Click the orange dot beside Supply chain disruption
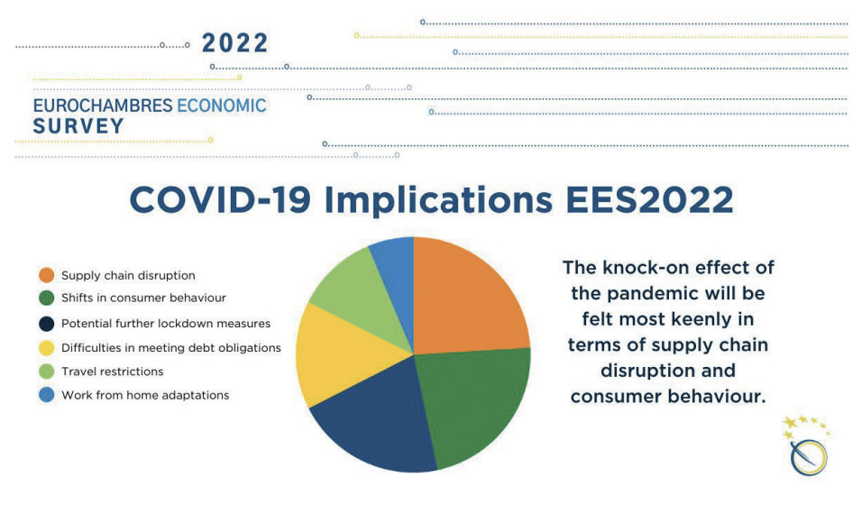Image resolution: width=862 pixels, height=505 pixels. pos(47,275)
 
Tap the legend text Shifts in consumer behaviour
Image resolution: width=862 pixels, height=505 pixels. pos(143,298)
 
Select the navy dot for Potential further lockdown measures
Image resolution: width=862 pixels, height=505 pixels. pos(47,324)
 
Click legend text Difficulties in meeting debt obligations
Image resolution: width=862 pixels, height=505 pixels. pos(171,348)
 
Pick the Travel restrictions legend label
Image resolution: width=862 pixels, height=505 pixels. pos(112,372)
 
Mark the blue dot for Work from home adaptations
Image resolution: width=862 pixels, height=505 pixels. pos(47,394)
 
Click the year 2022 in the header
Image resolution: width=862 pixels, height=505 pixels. pos(235,43)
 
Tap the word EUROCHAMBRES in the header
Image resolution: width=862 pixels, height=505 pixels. pos(103,106)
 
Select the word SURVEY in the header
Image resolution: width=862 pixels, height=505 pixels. pos(78,126)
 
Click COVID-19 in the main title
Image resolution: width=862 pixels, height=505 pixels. pos(220,199)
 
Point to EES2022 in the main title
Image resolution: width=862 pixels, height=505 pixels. pos(649,199)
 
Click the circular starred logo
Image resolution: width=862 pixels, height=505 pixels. pos(808,446)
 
